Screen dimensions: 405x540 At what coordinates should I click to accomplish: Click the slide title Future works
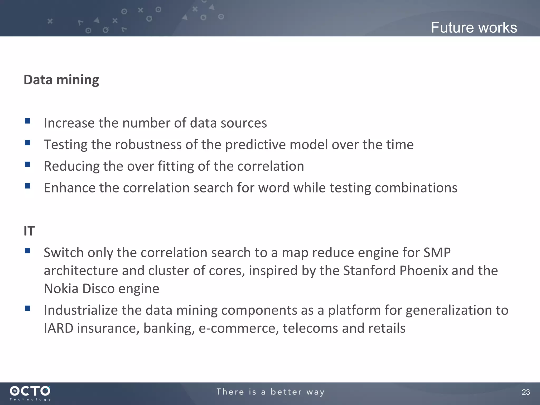point(474,28)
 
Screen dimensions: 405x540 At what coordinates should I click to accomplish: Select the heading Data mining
point(61,80)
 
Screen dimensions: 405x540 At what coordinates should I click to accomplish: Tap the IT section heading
point(29,231)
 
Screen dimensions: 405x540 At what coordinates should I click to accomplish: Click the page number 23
point(525,392)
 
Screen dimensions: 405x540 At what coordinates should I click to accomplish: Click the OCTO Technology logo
point(30,393)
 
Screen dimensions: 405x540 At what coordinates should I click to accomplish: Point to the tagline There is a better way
point(270,392)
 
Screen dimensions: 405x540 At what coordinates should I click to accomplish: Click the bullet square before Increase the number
point(28,121)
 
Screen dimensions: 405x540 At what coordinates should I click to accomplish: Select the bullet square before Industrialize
point(28,308)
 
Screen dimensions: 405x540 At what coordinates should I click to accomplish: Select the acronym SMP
point(437,253)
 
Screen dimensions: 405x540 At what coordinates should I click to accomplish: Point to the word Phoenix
point(423,271)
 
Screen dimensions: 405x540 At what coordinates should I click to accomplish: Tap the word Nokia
point(61,288)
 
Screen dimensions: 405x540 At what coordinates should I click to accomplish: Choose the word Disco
point(98,288)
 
